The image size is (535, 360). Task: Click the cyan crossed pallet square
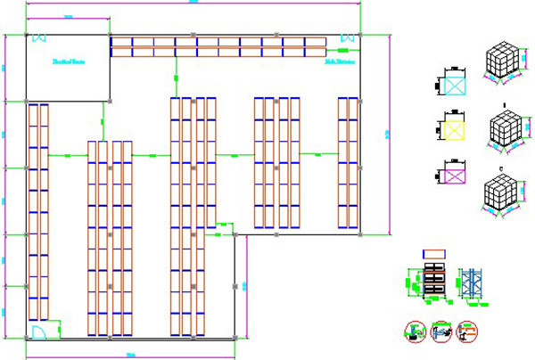(x=456, y=86)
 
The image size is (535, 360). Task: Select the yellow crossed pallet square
(x=456, y=128)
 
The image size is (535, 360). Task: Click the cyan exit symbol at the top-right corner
(x=347, y=37)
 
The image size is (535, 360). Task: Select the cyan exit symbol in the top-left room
(x=38, y=37)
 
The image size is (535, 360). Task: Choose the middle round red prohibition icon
(x=440, y=331)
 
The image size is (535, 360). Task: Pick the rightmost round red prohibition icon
(x=465, y=331)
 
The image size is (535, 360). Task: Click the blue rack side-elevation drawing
(x=470, y=282)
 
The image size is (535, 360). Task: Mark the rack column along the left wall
(x=37, y=212)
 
